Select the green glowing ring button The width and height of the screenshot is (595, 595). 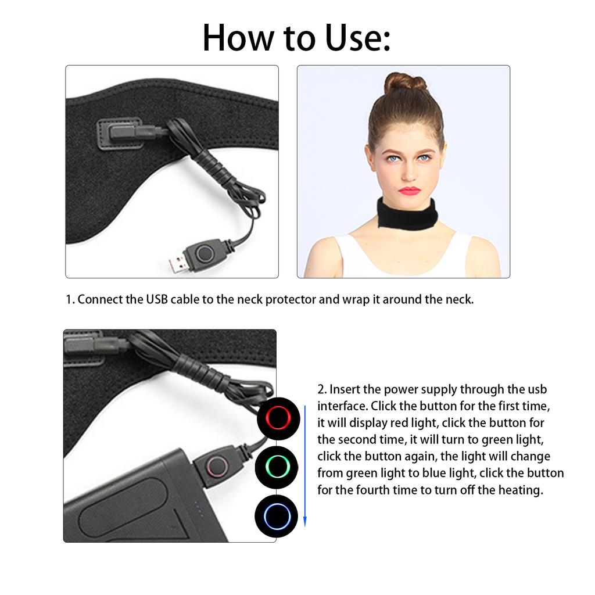[x=277, y=466]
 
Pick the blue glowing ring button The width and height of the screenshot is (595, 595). [x=277, y=515]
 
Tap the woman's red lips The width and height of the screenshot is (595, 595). [x=409, y=190]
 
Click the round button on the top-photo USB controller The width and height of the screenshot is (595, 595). [x=204, y=253]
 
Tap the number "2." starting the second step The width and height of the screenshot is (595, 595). [x=322, y=389]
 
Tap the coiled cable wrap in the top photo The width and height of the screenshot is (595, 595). [x=212, y=162]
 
